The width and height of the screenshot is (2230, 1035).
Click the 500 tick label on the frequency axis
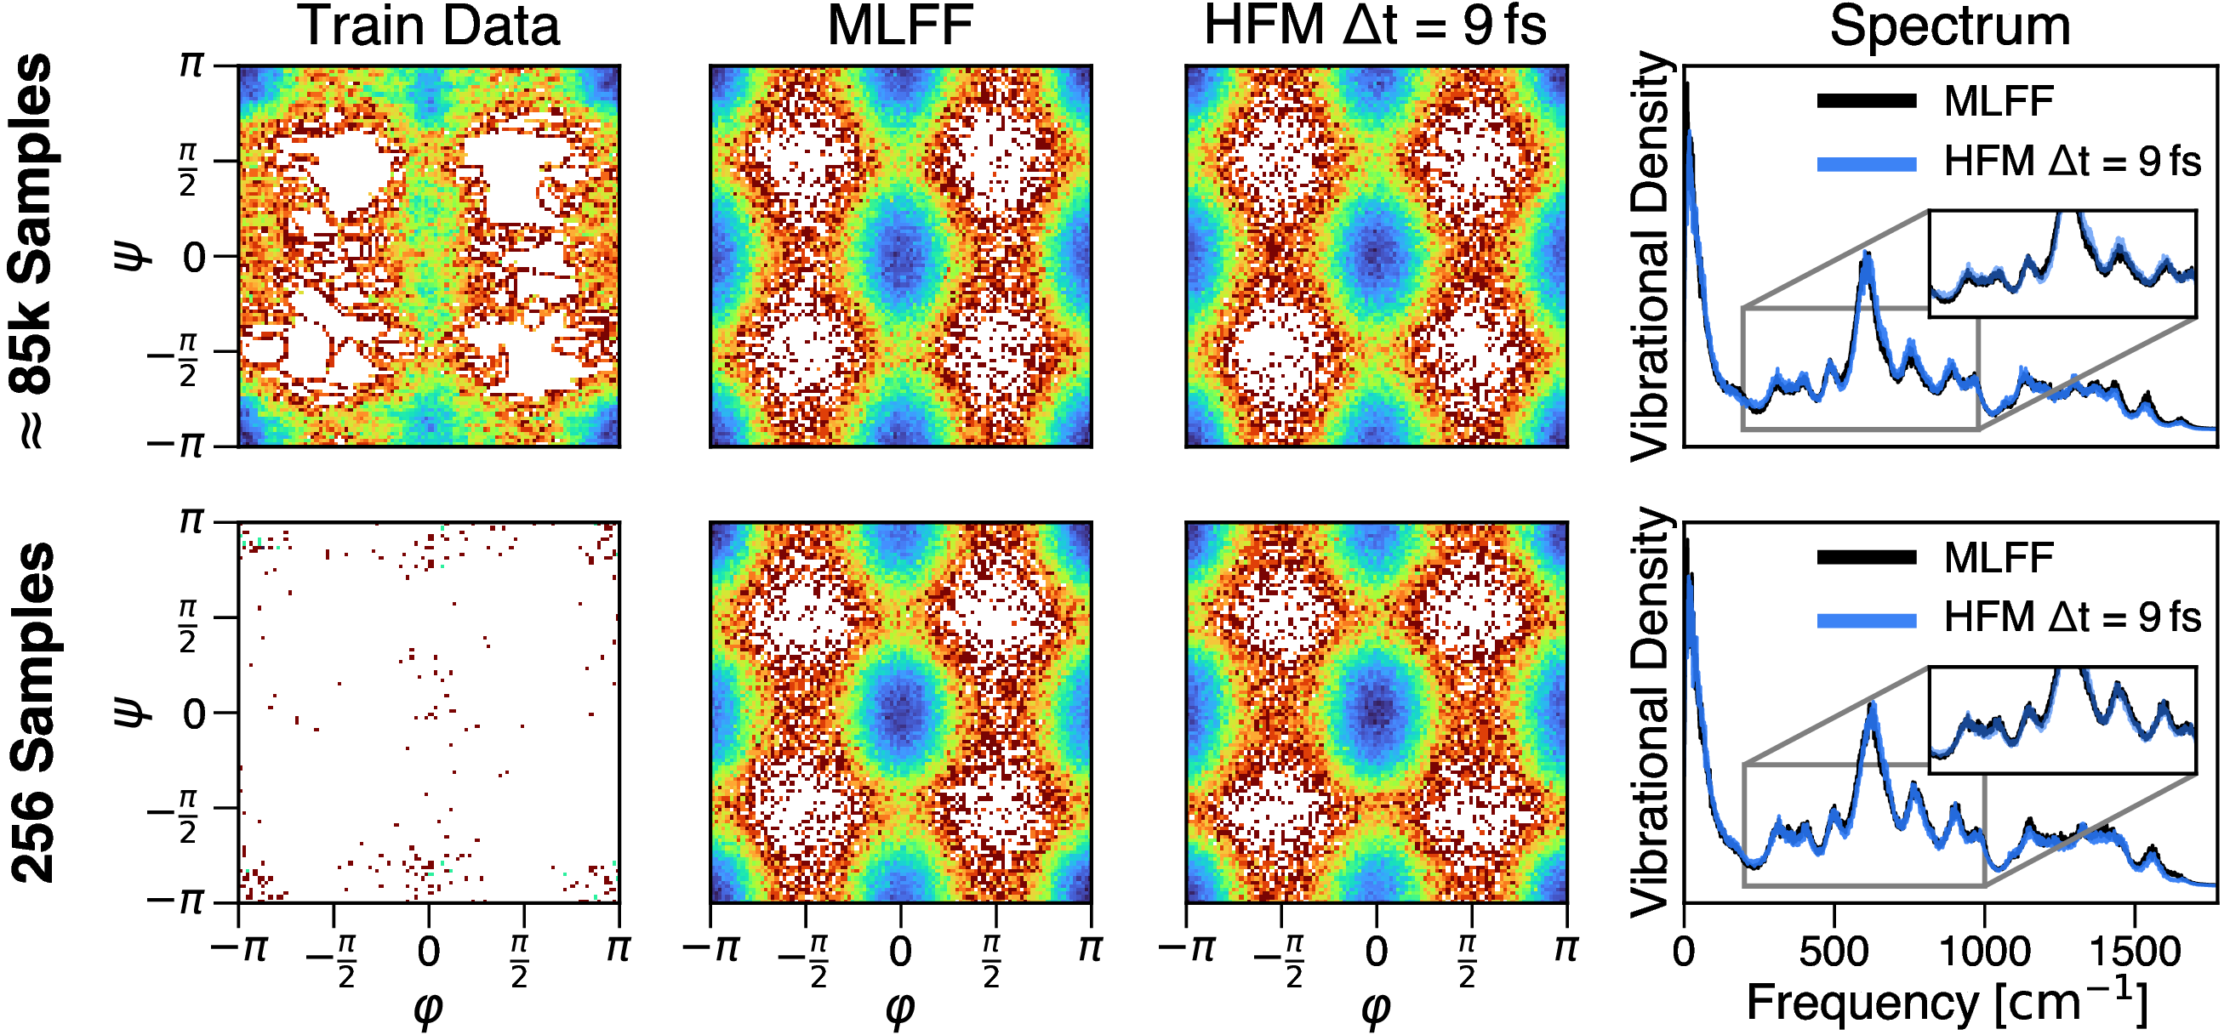(x=1834, y=952)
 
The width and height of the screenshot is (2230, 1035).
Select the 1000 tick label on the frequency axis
(x=1984, y=952)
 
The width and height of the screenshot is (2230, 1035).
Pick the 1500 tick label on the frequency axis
(x=2135, y=952)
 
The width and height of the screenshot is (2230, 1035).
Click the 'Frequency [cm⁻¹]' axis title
(x=1948, y=1004)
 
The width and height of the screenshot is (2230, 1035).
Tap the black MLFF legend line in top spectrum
(x=1867, y=101)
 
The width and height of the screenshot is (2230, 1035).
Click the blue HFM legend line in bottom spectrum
(x=1867, y=620)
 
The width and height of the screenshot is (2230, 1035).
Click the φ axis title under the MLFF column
(x=900, y=1007)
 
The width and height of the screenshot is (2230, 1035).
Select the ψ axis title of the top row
(x=132, y=256)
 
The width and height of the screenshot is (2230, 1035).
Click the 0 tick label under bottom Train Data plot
(x=429, y=952)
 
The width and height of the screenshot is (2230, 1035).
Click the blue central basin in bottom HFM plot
(x=1377, y=709)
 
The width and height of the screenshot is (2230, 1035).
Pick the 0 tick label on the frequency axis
(x=1684, y=952)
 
